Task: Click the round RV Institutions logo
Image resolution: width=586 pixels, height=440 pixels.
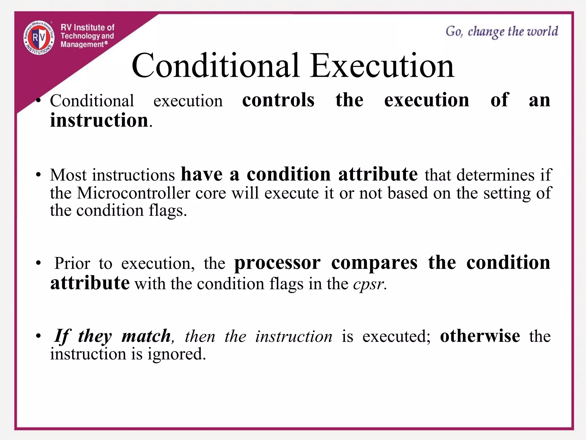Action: click(x=39, y=38)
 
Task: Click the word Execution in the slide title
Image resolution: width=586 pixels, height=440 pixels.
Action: click(x=382, y=66)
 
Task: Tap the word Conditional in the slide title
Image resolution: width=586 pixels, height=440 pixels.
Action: click(x=215, y=66)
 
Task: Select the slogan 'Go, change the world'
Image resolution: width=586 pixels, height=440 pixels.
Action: click(x=502, y=32)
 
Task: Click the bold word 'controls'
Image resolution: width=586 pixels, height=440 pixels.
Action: click(x=278, y=100)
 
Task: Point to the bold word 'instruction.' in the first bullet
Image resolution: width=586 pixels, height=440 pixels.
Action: click(x=101, y=120)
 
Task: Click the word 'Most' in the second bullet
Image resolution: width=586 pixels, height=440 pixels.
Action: click(x=68, y=175)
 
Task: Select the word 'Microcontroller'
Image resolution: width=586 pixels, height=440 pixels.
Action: click(x=133, y=193)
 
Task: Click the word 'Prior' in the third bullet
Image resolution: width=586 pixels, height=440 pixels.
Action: click(x=72, y=263)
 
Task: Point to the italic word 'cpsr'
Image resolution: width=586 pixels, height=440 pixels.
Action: click(x=369, y=284)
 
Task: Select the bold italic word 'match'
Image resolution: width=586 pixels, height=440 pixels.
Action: click(x=146, y=336)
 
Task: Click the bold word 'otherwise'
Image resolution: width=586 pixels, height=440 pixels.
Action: click(x=480, y=336)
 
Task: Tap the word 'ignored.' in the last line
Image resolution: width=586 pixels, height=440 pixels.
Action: click(x=177, y=354)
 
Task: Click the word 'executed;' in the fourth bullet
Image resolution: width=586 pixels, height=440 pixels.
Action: click(x=396, y=336)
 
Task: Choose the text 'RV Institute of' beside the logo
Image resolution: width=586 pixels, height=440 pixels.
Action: click(x=87, y=27)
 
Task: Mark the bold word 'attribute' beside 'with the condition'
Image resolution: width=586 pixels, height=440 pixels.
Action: click(x=90, y=283)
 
